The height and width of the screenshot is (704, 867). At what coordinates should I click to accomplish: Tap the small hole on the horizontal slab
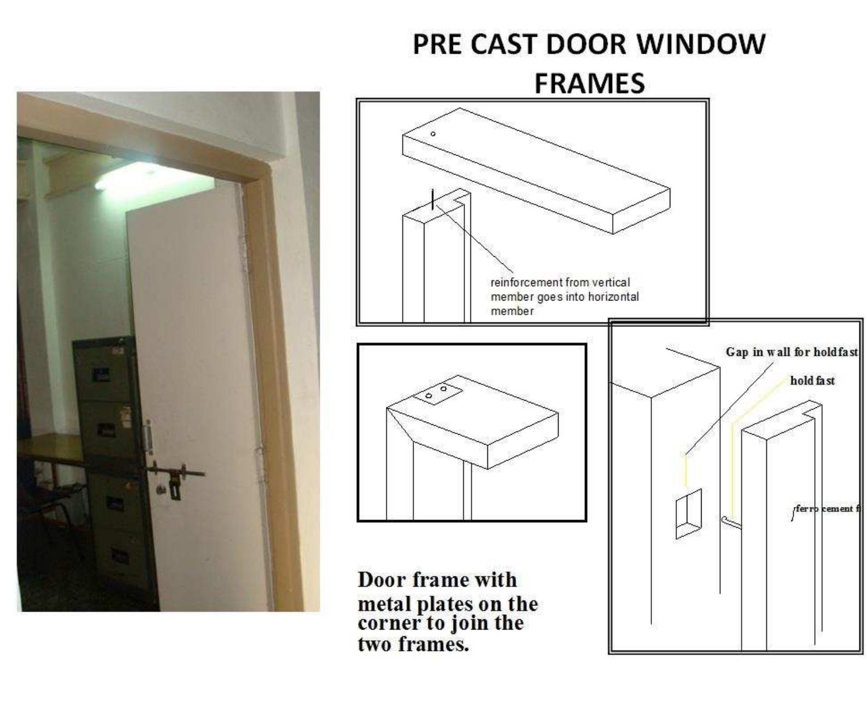(433, 134)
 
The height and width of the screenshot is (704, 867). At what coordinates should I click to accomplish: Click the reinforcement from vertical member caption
(564, 296)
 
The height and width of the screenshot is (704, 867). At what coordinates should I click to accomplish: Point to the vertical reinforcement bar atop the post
(433, 199)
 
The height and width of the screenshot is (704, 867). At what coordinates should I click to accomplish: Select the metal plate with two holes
(437, 393)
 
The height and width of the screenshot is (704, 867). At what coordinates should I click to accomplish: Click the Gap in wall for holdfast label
(791, 352)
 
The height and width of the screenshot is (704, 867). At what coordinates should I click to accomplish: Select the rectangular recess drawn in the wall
(688, 513)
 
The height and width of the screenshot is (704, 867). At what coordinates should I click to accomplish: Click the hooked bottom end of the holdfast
(726, 520)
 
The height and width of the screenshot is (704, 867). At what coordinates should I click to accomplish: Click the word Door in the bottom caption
(382, 580)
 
